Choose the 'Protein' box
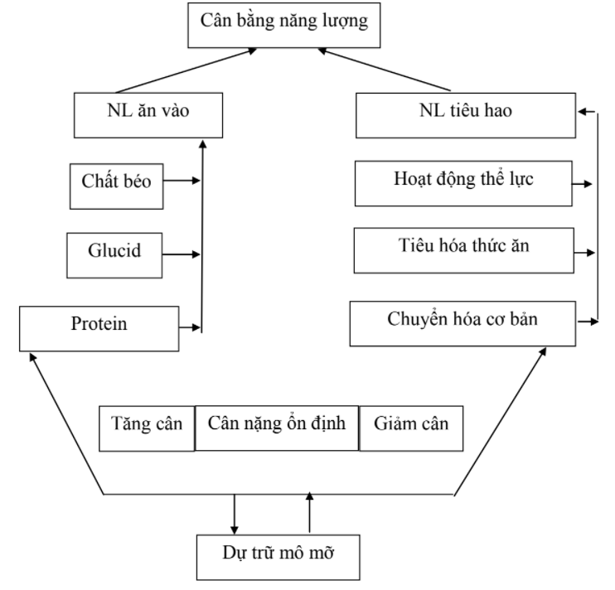[99, 326]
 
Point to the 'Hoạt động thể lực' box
[464, 182]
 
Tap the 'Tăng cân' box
[146, 428]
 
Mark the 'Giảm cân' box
[409, 428]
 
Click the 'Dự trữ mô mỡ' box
[278, 557]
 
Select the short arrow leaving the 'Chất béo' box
[182, 179]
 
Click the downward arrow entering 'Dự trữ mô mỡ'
[234, 515]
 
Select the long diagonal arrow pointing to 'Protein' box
[66, 423]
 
